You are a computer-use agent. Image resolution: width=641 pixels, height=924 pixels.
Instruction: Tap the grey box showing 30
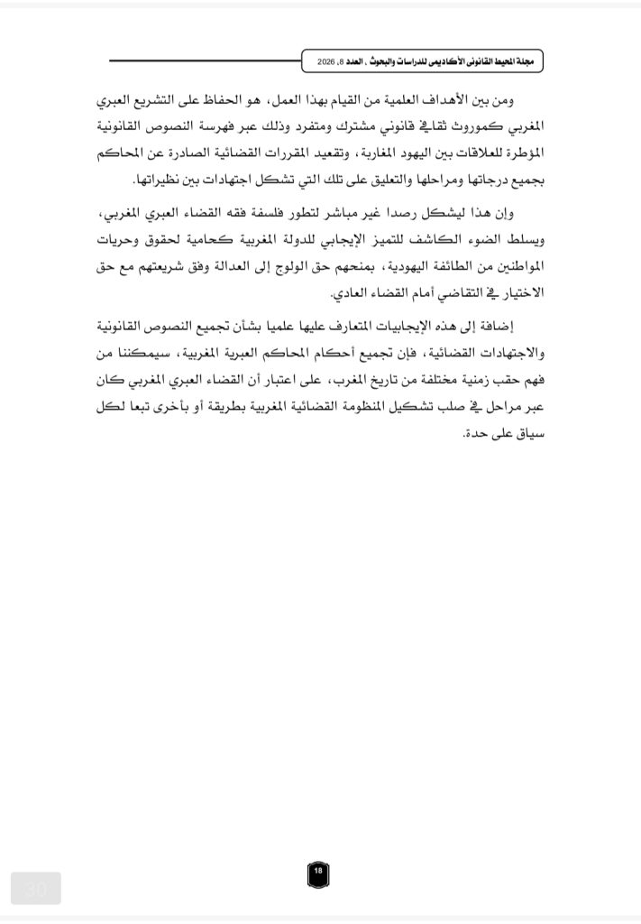tap(36, 889)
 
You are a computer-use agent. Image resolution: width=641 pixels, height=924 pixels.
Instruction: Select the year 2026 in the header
tap(331, 62)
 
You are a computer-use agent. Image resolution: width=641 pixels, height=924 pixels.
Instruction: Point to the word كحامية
tap(221, 243)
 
